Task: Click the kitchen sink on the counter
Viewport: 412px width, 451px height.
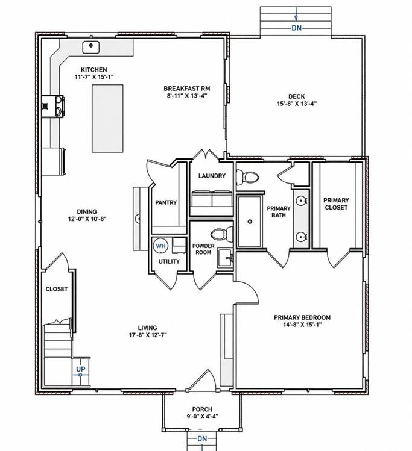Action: coord(91,47)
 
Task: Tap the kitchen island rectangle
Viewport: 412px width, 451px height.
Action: coord(107,118)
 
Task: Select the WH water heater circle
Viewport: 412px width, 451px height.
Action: coord(161,246)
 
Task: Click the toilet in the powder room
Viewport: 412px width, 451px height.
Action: coord(221,234)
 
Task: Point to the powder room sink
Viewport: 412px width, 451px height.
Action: coord(225,258)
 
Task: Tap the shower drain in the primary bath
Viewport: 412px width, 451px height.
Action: coord(250,222)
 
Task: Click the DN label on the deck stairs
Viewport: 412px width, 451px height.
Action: coord(296,28)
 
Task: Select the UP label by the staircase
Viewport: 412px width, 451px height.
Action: coord(81,369)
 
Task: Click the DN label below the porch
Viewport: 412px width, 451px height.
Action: coord(202,438)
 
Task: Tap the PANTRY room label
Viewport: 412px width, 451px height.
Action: coord(166,202)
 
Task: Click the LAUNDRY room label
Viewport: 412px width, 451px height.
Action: coord(212,176)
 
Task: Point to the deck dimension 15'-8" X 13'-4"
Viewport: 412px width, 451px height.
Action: coord(297,104)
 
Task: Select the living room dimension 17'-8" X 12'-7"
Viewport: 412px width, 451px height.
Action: coord(148,335)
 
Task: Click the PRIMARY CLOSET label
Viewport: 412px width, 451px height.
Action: coord(336,204)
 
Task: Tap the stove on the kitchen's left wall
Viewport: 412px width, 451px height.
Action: coord(53,107)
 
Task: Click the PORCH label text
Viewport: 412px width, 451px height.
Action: coord(202,409)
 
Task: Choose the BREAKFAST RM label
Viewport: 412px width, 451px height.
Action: coord(187,89)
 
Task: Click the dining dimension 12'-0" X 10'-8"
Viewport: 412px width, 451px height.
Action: coord(87,219)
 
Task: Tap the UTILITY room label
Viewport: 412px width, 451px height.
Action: coord(169,261)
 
